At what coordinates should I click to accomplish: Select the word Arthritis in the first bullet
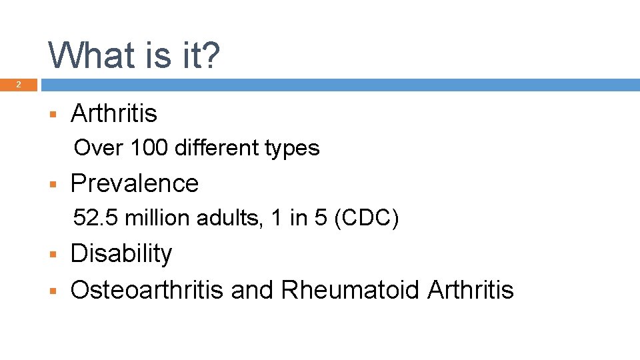click(114, 113)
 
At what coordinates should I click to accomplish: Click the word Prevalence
click(135, 183)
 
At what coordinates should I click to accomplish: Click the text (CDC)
click(366, 218)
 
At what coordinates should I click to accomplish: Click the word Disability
click(121, 253)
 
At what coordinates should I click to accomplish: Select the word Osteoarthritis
click(147, 289)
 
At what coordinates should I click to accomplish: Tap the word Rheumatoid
click(351, 289)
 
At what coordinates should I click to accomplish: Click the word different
click(216, 147)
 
